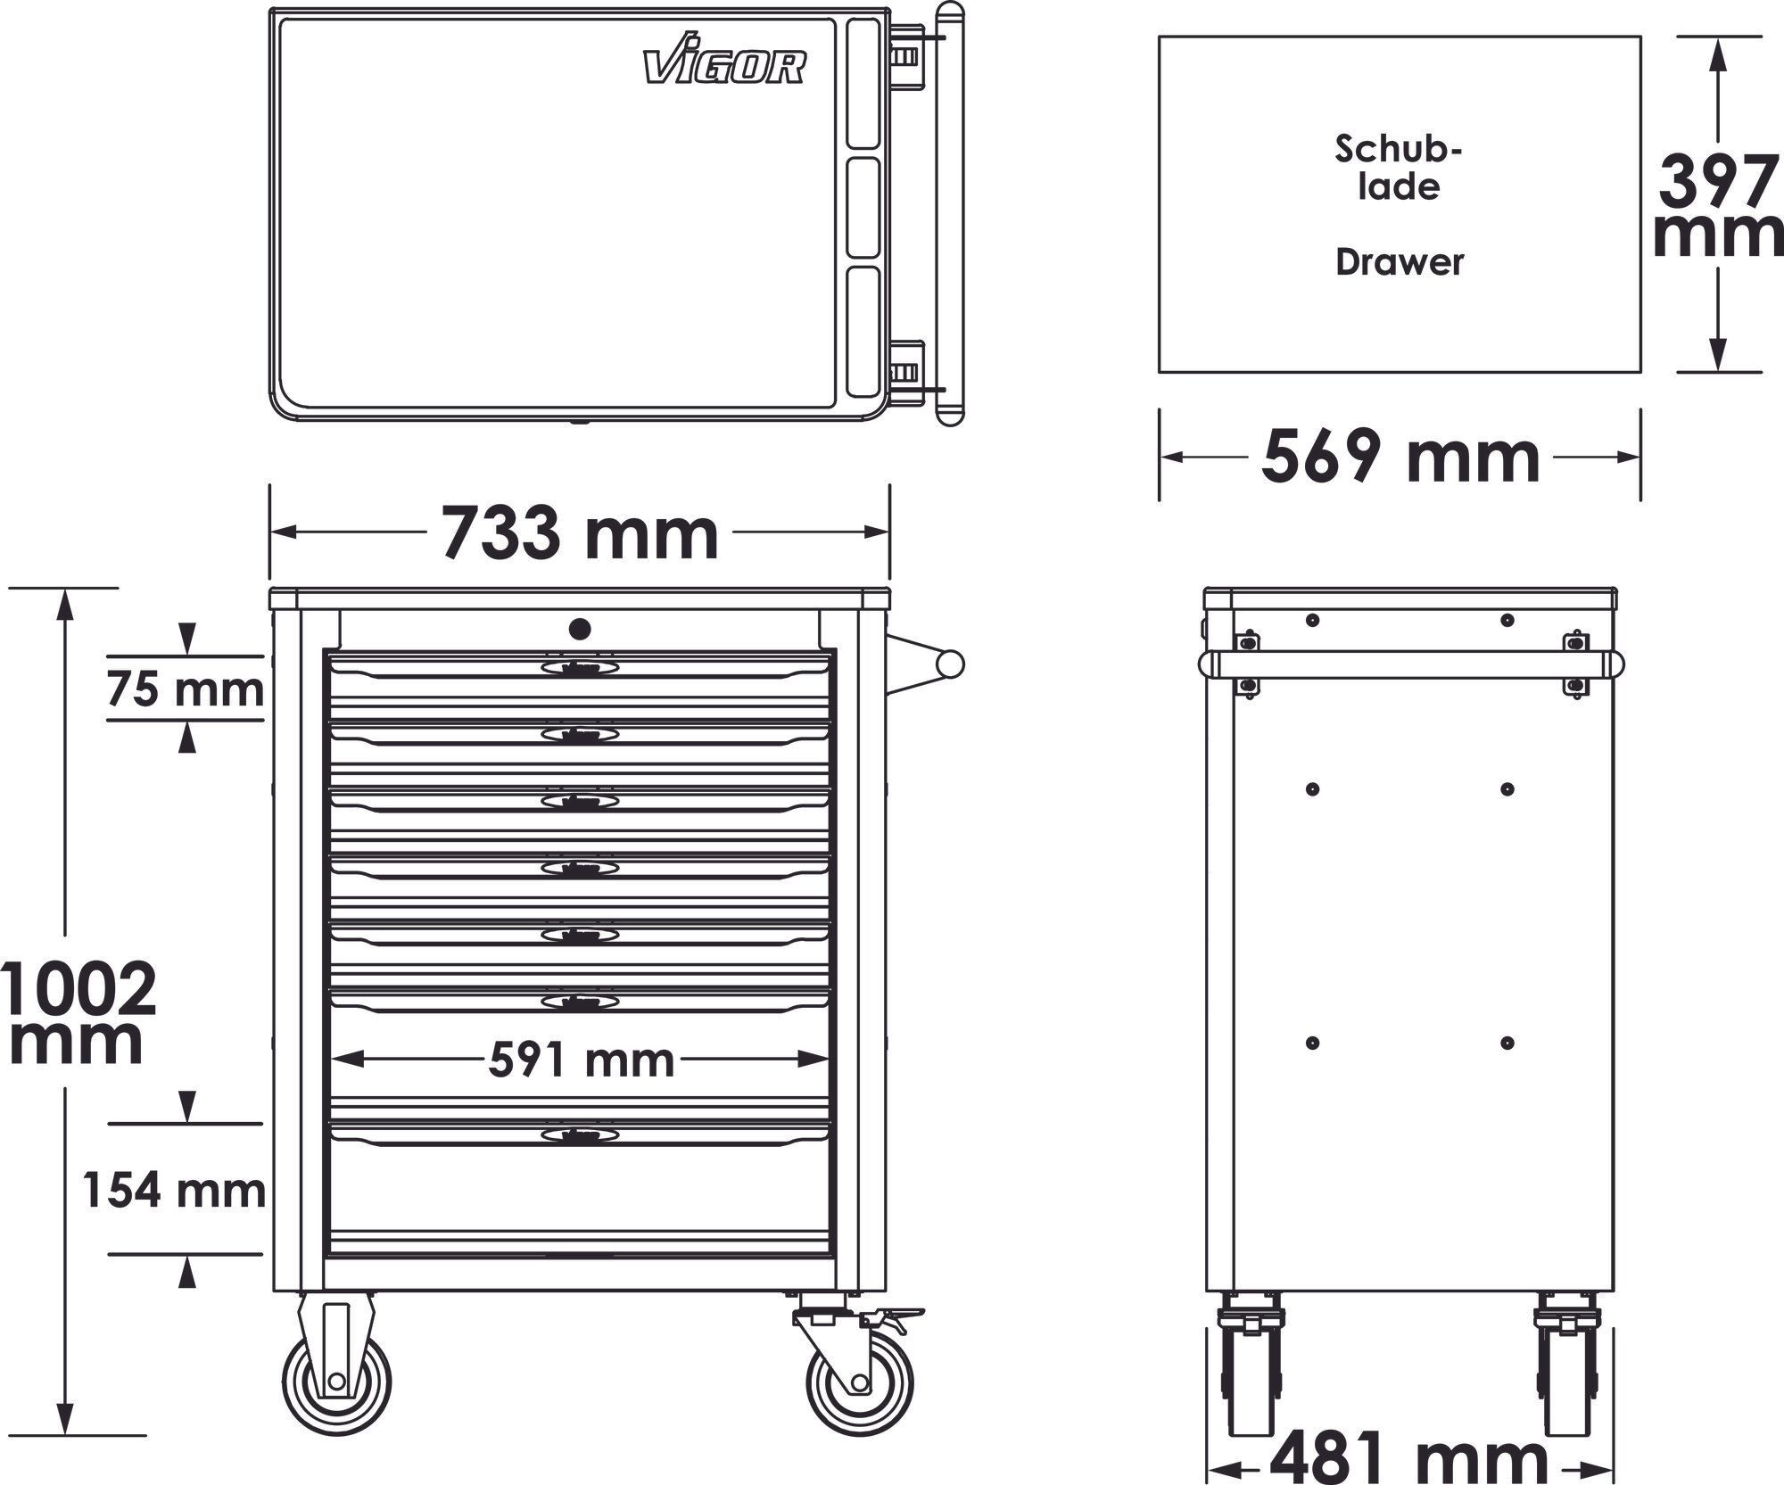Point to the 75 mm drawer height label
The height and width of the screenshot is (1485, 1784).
[186, 689]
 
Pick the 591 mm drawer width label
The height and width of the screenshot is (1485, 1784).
[582, 1060]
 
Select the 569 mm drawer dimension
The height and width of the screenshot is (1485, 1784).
[1400, 457]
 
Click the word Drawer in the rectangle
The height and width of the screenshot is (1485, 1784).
[1400, 262]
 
